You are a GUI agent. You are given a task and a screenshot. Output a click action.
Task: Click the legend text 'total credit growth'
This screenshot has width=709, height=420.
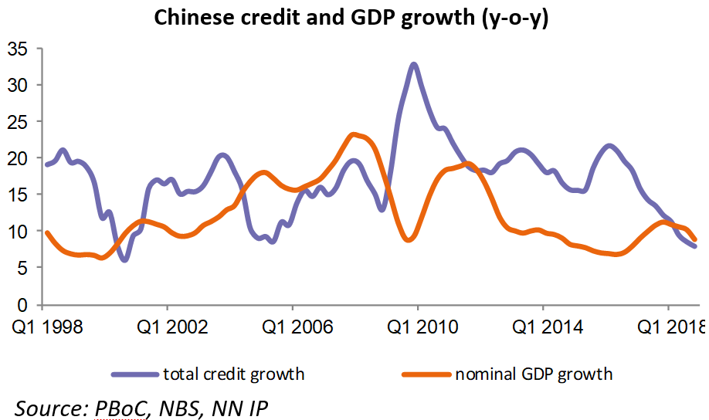click(233, 374)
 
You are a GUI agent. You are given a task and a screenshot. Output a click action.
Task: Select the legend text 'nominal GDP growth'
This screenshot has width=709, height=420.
click(534, 374)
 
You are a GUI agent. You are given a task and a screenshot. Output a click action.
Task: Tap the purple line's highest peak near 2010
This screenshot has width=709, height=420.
click(414, 64)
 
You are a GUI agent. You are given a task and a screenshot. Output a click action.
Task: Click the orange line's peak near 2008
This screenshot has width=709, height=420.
click(354, 135)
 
